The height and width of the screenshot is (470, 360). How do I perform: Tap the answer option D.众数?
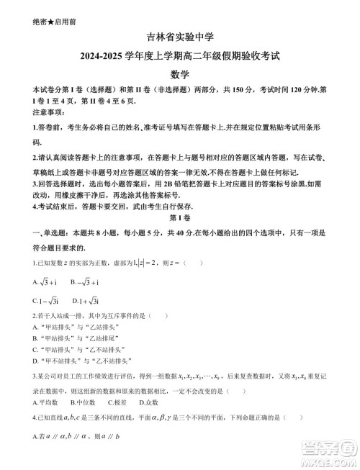(x=153, y=402)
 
